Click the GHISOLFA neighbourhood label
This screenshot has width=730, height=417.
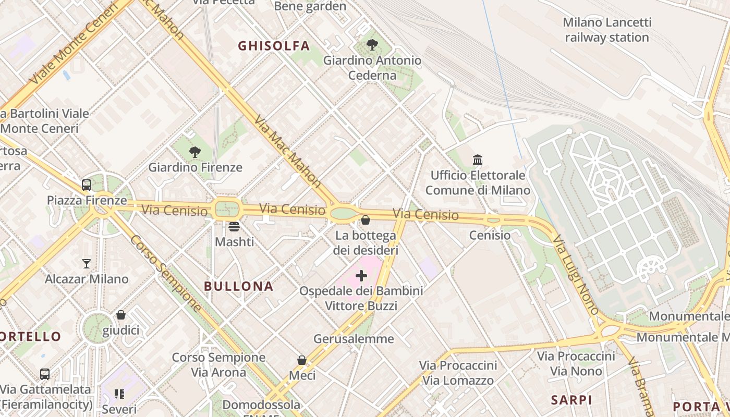click(x=274, y=46)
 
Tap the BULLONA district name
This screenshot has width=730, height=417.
click(x=238, y=286)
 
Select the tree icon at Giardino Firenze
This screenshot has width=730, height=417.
click(x=195, y=152)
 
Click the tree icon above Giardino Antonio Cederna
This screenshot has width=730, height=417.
click(x=372, y=45)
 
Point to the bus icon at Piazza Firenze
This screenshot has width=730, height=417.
click(x=87, y=185)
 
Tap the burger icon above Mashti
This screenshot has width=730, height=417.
click(x=234, y=227)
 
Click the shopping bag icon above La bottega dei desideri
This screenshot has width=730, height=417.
click(x=365, y=220)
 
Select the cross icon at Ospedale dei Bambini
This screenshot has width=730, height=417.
click(x=361, y=276)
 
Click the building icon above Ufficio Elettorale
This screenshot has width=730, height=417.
click(x=477, y=160)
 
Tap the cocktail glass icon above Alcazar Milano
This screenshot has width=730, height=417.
click(x=87, y=264)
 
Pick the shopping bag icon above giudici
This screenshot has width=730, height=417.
click(x=121, y=315)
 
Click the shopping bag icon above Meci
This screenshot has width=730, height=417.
click(x=301, y=360)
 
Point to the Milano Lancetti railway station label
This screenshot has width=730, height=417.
click(x=607, y=30)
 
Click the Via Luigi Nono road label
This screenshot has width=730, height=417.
click(x=576, y=275)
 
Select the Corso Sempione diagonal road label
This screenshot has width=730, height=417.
click(x=165, y=273)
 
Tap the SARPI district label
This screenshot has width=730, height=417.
click(x=571, y=400)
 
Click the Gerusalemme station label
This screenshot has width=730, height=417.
click(x=354, y=339)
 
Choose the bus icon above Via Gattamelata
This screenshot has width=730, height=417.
click(x=45, y=374)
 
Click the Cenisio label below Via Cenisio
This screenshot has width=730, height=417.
click(x=490, y=235)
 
